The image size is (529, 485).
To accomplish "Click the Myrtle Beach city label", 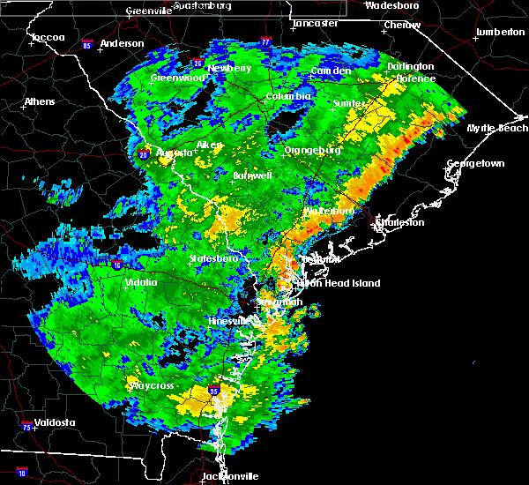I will (498, 129).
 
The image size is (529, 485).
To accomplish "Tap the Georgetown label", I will (475, 164).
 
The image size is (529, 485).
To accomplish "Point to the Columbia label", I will (288, 96).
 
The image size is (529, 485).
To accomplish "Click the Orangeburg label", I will (313, 151).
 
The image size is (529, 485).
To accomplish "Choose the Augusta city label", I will (174, 153).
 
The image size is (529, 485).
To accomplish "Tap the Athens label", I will (40, 101).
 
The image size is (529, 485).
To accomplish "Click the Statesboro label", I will (213, 258).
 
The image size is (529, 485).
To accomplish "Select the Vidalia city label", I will (141, 282).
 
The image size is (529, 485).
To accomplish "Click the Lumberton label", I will (500, 32).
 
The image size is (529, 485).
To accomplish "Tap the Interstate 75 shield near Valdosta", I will (25, 427).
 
